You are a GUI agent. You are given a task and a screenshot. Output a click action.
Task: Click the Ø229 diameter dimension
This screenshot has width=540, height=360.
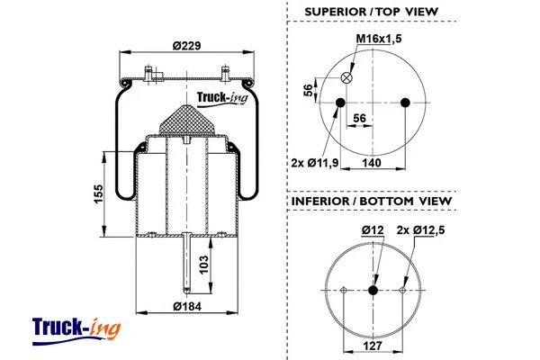point(186,49)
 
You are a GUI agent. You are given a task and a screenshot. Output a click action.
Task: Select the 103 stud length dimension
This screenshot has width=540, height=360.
point(203,264)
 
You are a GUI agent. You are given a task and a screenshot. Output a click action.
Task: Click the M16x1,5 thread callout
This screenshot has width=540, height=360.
point(380,40)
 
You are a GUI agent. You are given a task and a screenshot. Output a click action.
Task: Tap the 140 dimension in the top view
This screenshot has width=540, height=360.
point(372,162)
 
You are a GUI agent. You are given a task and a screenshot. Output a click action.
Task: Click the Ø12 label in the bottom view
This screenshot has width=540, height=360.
point(373,230)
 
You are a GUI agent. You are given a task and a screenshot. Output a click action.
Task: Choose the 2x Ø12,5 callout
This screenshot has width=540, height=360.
point(422,230)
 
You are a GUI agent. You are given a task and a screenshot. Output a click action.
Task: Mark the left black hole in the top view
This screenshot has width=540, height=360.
point(341,103)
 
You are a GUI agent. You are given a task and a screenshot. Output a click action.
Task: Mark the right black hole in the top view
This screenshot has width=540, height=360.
point(406,103)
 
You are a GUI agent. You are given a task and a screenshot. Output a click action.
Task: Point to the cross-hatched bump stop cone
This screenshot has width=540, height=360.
point(186,119)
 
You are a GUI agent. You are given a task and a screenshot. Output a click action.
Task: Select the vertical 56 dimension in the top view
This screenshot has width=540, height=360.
point(308,90)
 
